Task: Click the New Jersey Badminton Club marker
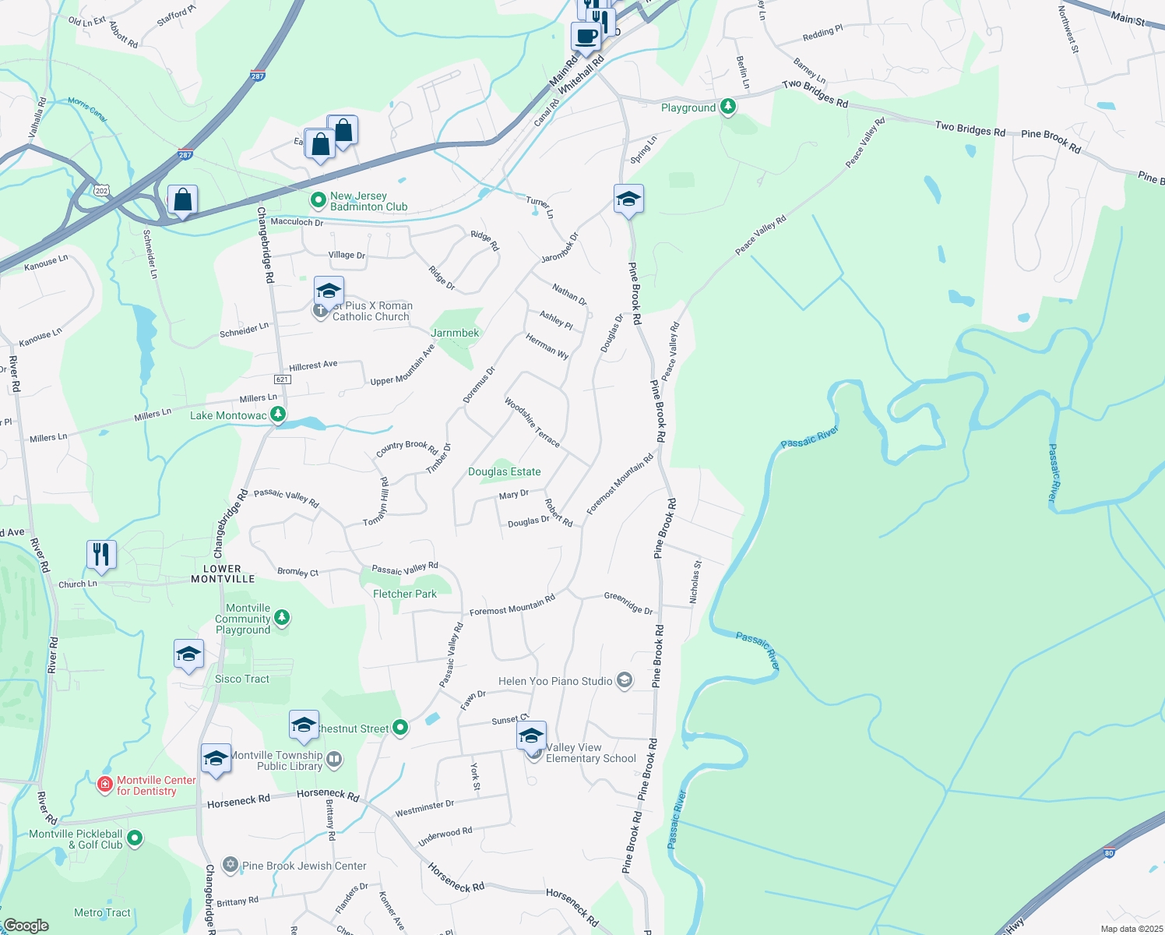pos(318,201)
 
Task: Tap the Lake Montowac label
pos(228,415)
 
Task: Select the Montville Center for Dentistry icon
pos(104,785)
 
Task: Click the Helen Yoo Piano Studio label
pos(555,681)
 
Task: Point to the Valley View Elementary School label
pos(590,753)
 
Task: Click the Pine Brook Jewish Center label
pos(304,866)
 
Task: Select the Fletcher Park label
pos(405,594)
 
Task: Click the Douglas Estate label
pos(504,471)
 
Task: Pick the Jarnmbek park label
pos(455,333)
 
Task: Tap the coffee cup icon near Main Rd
pos(586,35)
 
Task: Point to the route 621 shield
pos(282,379)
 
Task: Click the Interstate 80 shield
pos(1109,852)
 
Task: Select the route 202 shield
pos(101,190)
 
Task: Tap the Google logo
pos(26,926)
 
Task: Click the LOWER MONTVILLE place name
pos(223,573)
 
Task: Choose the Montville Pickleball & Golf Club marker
pos(135,838)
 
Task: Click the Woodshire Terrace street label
pos(532,422)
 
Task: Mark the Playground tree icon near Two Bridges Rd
pos(728,107)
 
